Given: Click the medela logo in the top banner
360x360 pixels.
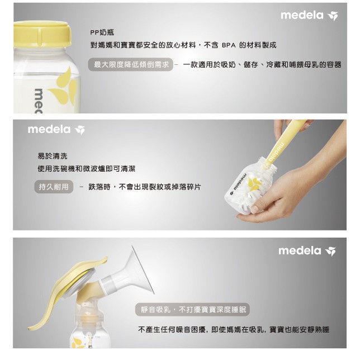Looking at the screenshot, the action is (309, 16).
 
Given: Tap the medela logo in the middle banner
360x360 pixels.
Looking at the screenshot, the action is (56, 130).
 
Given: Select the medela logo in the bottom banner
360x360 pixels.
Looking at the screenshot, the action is (307, 251).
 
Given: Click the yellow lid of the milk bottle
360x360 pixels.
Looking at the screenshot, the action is (42, 34).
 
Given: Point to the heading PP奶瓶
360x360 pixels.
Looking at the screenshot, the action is (102, 32).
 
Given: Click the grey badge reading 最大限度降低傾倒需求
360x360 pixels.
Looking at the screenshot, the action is (130, 64).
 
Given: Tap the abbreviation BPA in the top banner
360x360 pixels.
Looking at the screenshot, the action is (229, 45).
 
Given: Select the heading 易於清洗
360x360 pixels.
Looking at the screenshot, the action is (53, 156).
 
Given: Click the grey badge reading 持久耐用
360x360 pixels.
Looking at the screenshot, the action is (54, 187).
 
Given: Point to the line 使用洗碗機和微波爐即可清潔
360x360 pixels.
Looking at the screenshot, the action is (87, 169).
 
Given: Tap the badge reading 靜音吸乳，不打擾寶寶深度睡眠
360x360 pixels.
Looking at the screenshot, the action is (192, 310).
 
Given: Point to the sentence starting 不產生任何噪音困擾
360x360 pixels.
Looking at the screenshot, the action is (234, 330).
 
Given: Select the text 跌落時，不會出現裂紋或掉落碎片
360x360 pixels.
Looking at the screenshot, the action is (145, 187).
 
